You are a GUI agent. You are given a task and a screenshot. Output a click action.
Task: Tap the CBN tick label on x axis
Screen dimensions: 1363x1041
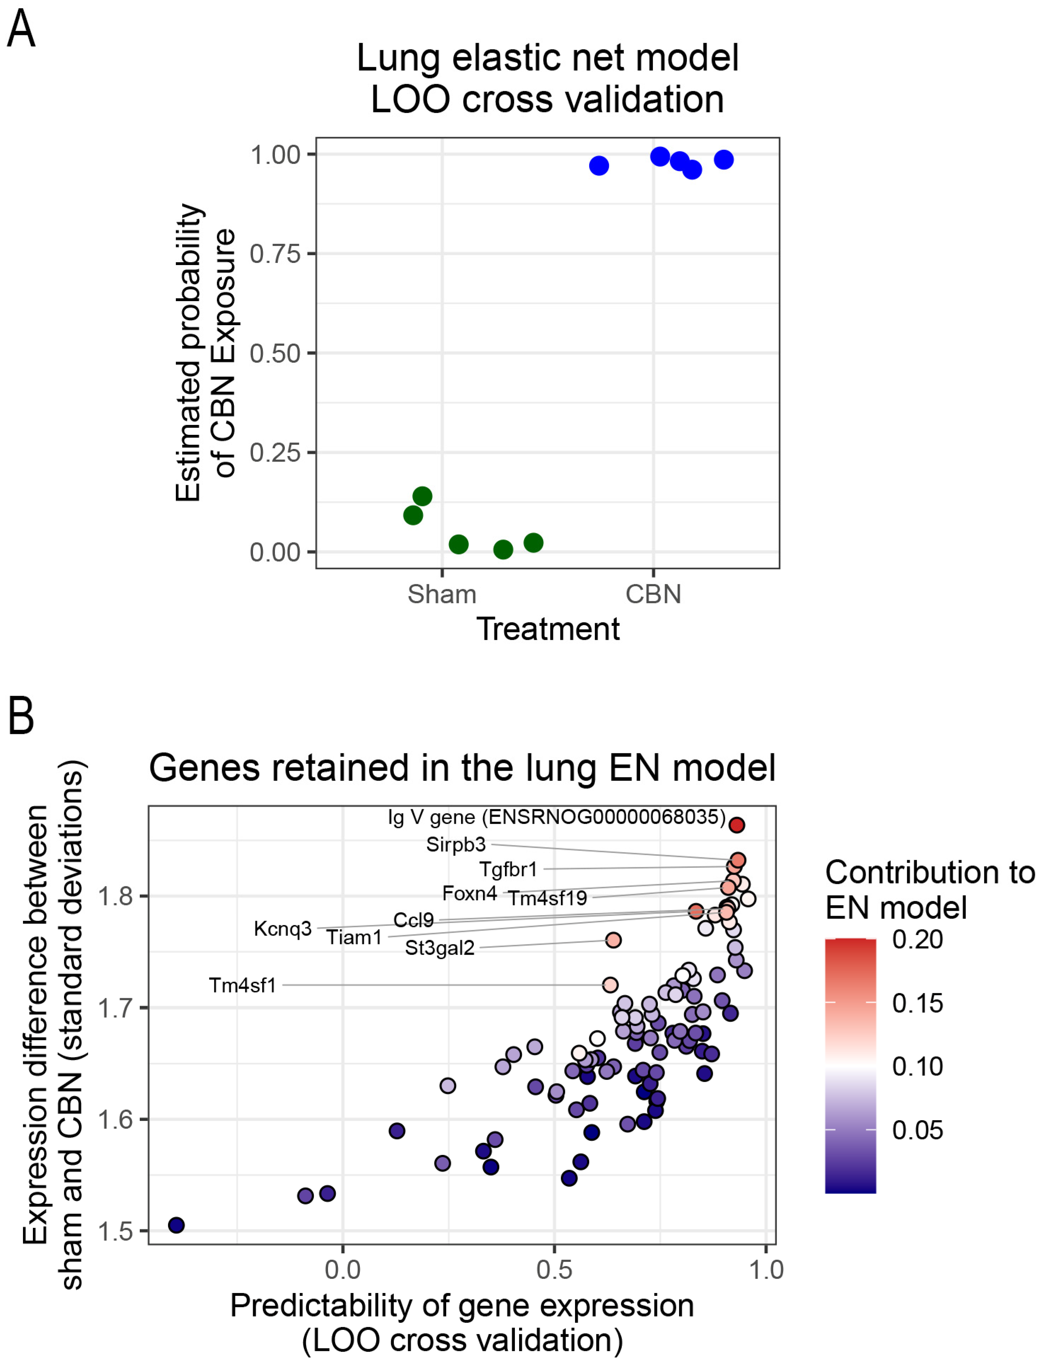tap(653, 594)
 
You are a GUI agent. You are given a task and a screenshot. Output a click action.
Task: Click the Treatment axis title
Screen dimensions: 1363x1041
tap(548, 629)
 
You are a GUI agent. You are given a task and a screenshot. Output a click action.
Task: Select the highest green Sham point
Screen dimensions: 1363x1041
tap(422, 496)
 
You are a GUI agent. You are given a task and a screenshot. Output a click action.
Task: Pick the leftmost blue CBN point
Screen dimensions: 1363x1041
tap(599, 165)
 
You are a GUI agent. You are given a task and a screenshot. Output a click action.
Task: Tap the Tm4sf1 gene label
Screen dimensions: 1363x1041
tap(242, 985)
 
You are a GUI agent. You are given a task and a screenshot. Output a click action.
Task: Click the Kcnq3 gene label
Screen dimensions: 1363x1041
tap(283, 929)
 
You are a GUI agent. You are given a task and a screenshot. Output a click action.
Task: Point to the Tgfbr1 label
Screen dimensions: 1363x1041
tap(508, 869)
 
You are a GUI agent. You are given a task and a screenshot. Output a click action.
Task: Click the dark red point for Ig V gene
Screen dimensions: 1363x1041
tap(736, 824)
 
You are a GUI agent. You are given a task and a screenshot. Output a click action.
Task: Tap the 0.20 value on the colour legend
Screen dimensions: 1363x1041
tap(917, 940)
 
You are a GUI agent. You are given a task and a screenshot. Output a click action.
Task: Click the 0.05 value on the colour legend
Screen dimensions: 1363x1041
tap(917, 1130)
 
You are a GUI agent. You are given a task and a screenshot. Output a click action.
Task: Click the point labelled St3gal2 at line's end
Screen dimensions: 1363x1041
tap(613, 940)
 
